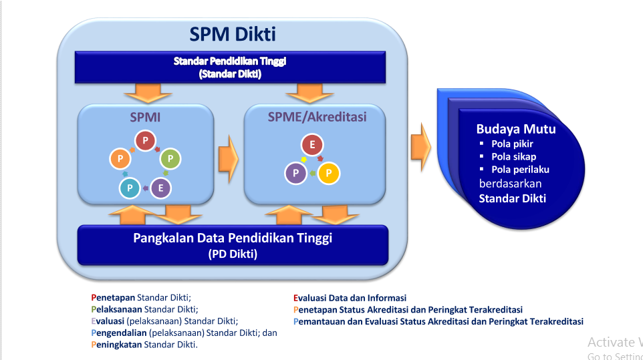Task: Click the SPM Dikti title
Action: click(x=232, y=34)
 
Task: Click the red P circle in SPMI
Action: click(x=145, y=140)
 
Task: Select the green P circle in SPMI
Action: click(x=170, y=158)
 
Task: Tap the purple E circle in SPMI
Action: click(x=160, y=188)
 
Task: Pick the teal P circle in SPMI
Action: click(x=129, y=188)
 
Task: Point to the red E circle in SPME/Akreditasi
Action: click(x=311, y=144)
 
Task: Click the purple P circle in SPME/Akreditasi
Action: click(x=295, y=174)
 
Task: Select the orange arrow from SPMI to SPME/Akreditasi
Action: click(x=229, y=154)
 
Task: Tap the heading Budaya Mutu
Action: click(x=515, y=130)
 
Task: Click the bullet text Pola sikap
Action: click(x=513, y=157)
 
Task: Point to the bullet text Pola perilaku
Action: click(x=520, y=170)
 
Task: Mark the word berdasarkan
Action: click(x=510, y=184)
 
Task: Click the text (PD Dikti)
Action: click(x=232, y=254)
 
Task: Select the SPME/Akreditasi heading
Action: click(x=317, y=118)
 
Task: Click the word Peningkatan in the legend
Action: click(x=116, y=345)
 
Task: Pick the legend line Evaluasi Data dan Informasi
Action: click(x=350, y=298)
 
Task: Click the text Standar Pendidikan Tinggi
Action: click(x=230, y=61)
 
